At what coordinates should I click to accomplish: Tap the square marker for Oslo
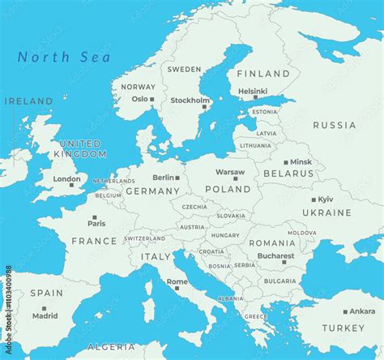[154, 99]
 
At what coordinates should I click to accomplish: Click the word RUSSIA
[334, 126]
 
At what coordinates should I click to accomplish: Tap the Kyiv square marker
[314, 199]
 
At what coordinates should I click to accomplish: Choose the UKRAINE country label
[326, 212]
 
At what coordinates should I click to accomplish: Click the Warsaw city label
[230, 172]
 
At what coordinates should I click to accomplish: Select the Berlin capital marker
[177, 178]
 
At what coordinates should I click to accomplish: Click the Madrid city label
[45, 316]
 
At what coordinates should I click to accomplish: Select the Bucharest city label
[275, 255]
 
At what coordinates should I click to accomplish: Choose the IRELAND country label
[28, 101]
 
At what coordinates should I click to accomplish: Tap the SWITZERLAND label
[146, 238]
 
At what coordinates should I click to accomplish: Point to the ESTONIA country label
[264, 112]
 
